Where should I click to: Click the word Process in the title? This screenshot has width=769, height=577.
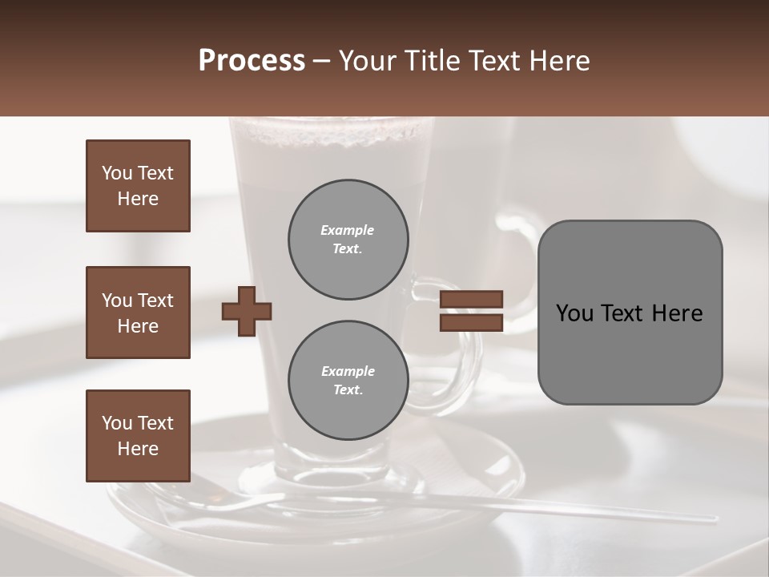[252, 61]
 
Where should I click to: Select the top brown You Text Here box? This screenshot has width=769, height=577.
[138, 186]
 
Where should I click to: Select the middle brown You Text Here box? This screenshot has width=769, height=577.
[138, 313]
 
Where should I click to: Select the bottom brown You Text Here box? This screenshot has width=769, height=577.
[138, 436]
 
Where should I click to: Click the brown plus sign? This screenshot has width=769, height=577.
[246, 311]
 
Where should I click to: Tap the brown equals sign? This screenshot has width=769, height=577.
[471, 311]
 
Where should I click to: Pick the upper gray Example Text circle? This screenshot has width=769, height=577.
[348, 240]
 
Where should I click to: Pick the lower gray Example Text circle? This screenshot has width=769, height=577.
[348, 381]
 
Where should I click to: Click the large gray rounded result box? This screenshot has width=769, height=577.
[630, 353]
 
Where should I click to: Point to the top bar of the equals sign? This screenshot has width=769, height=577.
[471, 300]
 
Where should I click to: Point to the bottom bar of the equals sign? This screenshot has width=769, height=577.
[471, 322]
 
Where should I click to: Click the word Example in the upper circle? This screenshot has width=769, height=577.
[348, 230]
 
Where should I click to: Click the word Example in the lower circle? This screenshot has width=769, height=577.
[348, 371]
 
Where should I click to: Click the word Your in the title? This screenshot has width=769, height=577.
[367, 61]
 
